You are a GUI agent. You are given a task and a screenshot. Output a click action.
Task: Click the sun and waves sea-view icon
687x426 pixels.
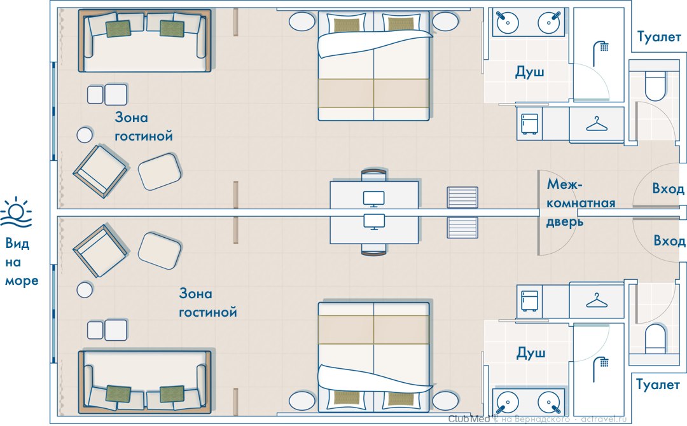pos(18,212)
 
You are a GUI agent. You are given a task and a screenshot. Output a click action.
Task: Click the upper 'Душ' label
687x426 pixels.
pos(529,72)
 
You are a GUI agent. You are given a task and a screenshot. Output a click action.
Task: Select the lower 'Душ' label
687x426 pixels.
pos(529,352)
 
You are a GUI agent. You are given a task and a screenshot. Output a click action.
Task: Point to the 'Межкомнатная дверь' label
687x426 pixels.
pos(580,203)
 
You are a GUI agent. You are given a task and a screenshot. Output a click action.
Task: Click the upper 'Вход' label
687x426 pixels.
pos(669,189)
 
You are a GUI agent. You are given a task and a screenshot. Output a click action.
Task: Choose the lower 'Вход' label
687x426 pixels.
pos(669,241)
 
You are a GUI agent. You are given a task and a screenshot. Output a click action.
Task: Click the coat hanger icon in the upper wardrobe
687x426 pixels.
pos(596,124)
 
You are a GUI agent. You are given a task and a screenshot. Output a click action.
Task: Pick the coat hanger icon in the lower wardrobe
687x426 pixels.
pos(596,299)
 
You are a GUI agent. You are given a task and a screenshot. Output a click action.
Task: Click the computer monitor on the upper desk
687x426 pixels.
pos(374,198)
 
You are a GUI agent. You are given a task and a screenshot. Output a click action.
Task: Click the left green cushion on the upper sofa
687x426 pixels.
pos(118,29)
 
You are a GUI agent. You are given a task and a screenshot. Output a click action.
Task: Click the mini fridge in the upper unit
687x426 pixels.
pos(529,124)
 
